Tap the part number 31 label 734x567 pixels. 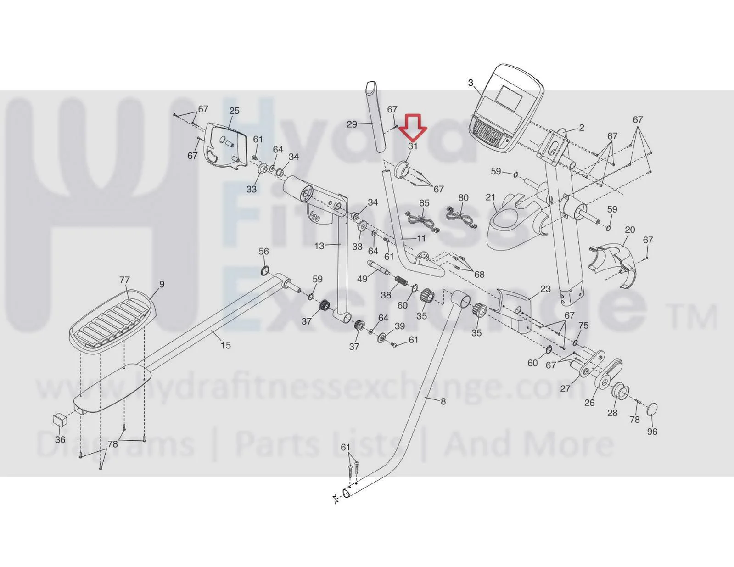point(413,146)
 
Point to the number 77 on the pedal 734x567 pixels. point(124,280)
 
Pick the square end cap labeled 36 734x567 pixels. point(60,421)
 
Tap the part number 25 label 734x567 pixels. point(234,111)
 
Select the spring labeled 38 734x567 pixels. point(402,280)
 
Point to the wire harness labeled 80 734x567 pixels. point(462,216)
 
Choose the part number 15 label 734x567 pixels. point(226,345)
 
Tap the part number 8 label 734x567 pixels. point(443,401)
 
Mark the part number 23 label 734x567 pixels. point(545,289)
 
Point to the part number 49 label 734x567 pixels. point(362,279)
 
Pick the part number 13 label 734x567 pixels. point(319,246)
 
